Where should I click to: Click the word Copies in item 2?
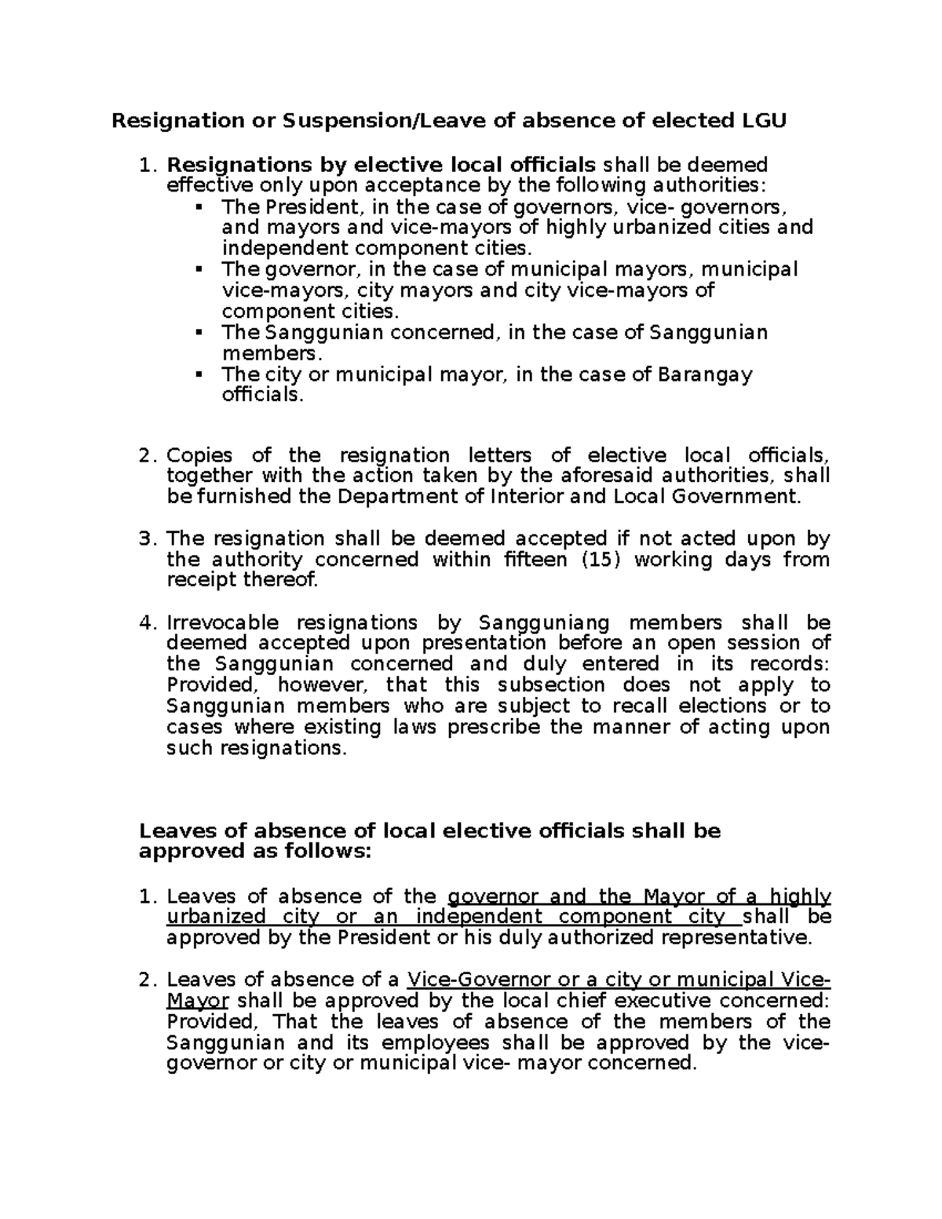click(200, 455)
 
